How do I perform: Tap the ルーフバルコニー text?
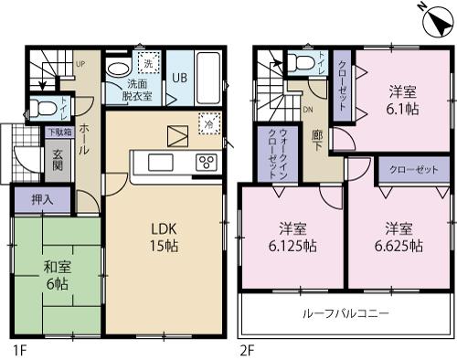(x=346, y=313)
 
